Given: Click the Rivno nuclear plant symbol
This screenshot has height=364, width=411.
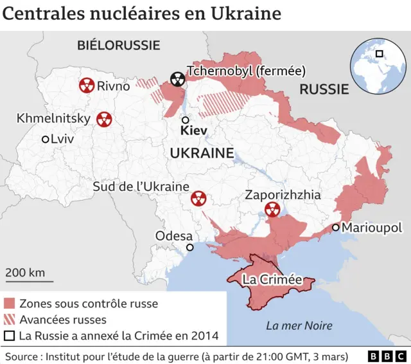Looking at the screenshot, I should pos(86,86).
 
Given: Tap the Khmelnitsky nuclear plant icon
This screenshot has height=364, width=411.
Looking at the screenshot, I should pos(103,119).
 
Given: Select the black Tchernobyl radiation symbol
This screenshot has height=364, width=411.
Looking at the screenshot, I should pos(177,79).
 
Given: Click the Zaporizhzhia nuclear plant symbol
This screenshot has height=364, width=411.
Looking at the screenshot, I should pos(273,209).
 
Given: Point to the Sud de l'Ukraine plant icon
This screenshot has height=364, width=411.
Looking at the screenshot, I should pos(198,199).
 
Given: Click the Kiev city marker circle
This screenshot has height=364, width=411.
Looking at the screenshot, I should pos(185,120).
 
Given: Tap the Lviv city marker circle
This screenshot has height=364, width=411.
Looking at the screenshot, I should pos(45,139).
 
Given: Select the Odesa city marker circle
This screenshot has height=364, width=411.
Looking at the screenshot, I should pos(189,248).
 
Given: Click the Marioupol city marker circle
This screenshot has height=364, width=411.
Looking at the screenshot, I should pos(335,228).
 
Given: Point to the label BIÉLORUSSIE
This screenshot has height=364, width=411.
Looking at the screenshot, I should pos(118,45).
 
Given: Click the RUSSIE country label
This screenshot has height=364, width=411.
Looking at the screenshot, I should pos(324,90).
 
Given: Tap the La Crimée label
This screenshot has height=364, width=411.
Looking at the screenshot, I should pos(272,280).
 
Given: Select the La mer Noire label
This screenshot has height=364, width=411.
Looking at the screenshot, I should pos(295,325).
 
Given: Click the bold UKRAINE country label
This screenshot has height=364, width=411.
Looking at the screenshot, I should pos(201,153).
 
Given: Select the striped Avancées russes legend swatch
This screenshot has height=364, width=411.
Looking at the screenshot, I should pos(10,320).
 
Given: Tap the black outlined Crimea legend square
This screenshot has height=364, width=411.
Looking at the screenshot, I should pos(10,336).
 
